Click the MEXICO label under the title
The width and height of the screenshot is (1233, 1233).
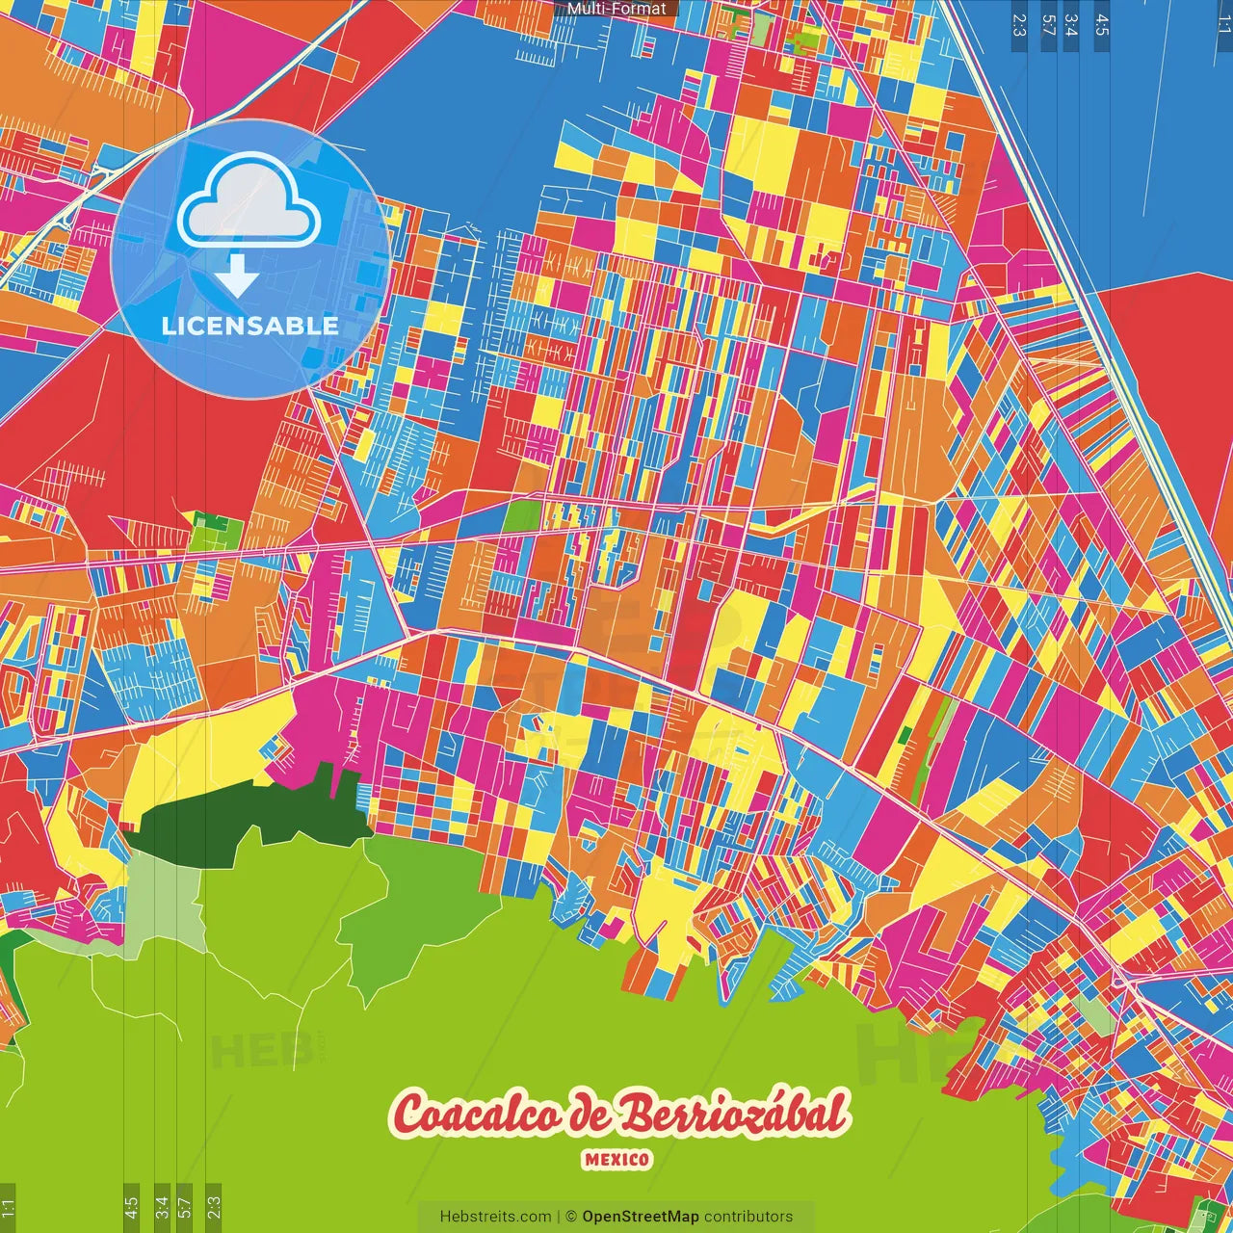[616, 1159]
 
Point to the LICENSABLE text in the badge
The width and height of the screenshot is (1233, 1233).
[250, 326]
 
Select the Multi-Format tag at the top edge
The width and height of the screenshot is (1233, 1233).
[616, 9]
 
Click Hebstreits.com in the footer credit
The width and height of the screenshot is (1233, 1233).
[495, 1217]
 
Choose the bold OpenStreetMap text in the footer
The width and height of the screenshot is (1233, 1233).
[641, 1217]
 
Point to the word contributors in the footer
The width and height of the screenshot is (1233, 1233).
[748, 1217]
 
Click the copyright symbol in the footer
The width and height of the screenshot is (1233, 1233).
[570, 1217]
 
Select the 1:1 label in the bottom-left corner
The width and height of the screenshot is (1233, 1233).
[9, 1208]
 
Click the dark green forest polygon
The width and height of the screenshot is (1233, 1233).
[250, 819]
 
